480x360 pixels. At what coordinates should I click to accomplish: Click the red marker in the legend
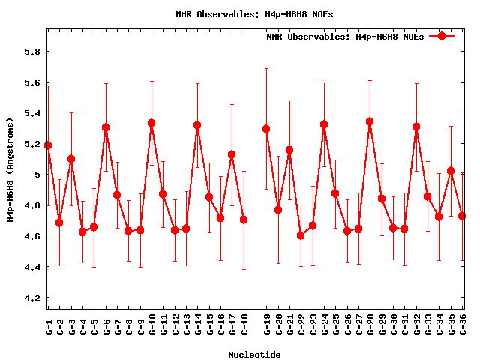pyautogui.click(x=442, y=36)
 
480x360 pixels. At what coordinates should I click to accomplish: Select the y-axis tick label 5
pyautogui.click(x=33, y=175)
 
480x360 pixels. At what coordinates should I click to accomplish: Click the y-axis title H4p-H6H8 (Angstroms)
pyautogui.click(x=10, y=169)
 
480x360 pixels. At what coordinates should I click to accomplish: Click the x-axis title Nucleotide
pyautogui.click(x=254, y=355)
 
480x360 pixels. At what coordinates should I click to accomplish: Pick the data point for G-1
pyautogui.click(x=48, y=145)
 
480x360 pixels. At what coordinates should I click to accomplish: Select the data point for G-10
pyautogui.click(x=151, y=123)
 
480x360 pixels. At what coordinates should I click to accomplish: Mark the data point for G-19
pyautogui.click(x=266, y=129)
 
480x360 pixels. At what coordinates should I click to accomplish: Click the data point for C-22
pyautogui.click(x=301, y=235)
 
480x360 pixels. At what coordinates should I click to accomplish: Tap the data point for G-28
pyautogui.click(x=370, y=121)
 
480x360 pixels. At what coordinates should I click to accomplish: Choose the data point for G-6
pyautogui.click(x=106, y=127)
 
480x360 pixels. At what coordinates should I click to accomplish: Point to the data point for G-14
pyautogui.click(x=197, y=125)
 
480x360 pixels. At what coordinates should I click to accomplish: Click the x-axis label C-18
pyautogui.click(x=244, y=325)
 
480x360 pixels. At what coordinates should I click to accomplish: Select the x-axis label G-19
pyautogui.click(x=266, y=325)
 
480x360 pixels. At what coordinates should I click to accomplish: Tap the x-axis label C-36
pyautogui.click(x=462, y=325)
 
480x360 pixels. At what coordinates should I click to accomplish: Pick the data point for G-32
pyautogui.click(x=416, y=127)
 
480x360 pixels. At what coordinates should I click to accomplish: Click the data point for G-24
pyautogui.click(x=324, y=124)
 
